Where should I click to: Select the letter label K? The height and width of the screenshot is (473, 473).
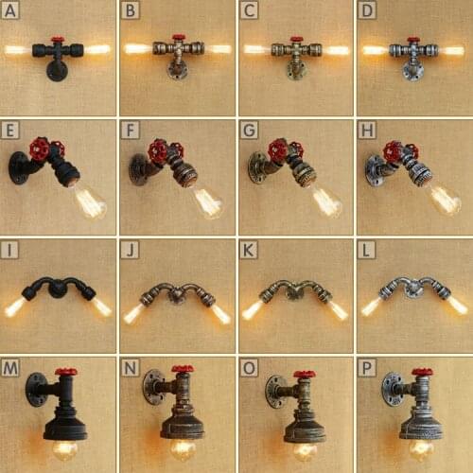[x=247, y=249]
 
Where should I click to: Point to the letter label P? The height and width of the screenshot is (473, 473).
[x=365, y=367]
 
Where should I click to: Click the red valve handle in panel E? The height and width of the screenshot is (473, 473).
[x=41, y=149]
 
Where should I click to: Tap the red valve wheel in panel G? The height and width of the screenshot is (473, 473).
[x=278, y=150]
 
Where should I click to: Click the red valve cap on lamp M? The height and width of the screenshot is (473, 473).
[x=66, y=372]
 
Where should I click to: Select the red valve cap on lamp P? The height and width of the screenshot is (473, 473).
[x=422, y=372]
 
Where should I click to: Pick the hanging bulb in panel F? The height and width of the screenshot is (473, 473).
[x=206, y=201]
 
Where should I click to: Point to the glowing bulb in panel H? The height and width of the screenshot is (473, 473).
[x=443, y=200]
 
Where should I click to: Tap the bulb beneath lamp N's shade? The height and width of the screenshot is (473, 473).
[x=183, y=447]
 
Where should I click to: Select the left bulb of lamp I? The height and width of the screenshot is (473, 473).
[x=13, y=308]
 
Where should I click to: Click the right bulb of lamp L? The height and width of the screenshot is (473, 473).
[x=456, y=305]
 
